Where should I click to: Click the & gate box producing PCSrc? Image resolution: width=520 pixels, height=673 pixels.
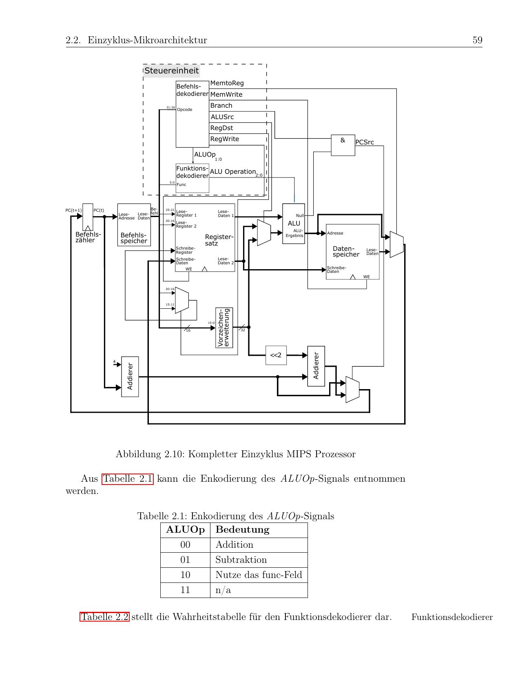pos(343,145)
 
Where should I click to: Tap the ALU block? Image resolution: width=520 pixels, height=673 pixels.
pos(294,224)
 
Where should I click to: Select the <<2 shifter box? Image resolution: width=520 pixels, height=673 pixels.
pos(276,355)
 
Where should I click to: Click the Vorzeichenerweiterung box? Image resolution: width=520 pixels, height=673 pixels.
pos(224,328)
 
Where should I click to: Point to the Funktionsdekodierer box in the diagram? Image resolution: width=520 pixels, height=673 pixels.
pos(193,178)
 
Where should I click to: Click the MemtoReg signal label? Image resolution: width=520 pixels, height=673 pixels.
pos(227,83)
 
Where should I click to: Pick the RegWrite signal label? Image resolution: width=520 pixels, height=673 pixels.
pos(225,139)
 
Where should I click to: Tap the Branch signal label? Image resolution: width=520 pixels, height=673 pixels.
pos(221,106)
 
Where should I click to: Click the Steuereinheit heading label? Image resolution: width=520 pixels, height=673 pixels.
pos(172,71)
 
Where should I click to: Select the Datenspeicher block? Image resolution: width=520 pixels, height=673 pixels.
pos(353,252)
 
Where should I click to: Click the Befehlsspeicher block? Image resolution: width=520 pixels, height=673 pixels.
pos(134,225)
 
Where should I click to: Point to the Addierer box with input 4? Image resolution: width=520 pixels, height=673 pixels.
pos(130,376)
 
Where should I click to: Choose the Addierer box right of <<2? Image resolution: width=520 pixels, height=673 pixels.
pos(316,366)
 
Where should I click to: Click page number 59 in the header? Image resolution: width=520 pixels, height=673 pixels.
pos(477,40)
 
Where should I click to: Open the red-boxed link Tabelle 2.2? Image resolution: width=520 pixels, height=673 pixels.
pos(105,617)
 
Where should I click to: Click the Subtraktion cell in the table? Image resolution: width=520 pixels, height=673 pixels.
pos(241,560)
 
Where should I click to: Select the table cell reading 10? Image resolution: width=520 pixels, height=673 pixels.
pos(185,575)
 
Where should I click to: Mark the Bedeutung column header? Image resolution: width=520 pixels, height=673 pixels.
pos(242,530)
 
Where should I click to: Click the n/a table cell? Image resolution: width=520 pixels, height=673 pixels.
pos(223,590)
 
